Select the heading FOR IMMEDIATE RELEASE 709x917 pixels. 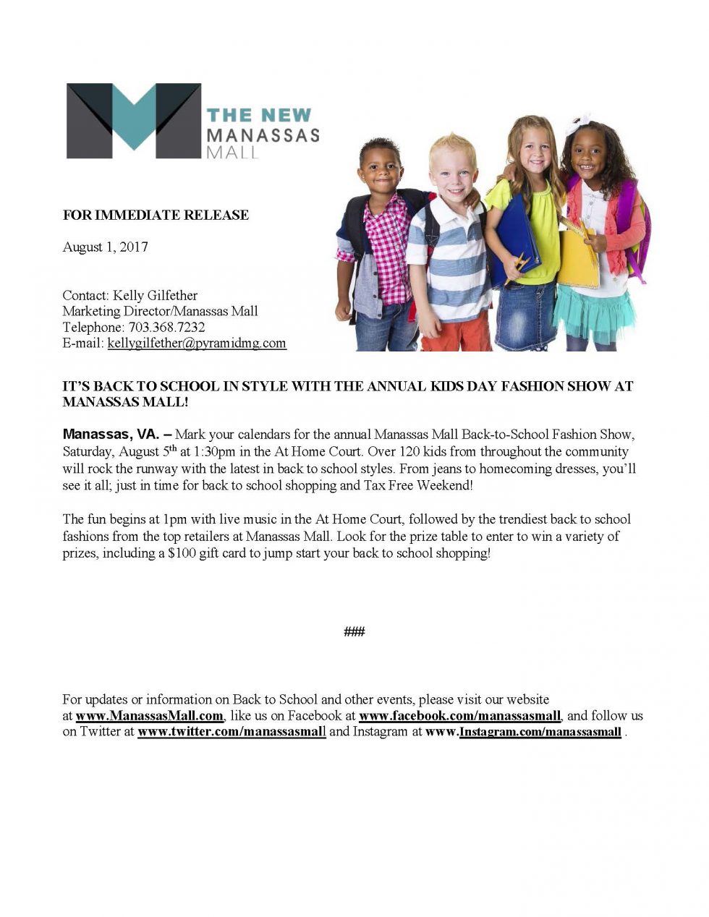pyautogui.click(x=156, y=215)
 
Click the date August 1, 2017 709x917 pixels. pyautogui.click(x=105, y=247)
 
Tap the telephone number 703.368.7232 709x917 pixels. pyautogui.click(x=166, y=327)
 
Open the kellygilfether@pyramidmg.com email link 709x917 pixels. pyautogui.click(x=197, y=343)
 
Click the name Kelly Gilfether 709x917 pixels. pyautogui.click(x=155, y=295)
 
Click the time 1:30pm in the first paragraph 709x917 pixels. pyautogui.click(x=214, y=451)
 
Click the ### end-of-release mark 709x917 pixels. pyautogui.click(x=354, y=632)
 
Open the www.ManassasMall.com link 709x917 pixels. pyautogui.click(x=149, y=716)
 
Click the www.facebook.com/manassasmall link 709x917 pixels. pyautogui.click(x=459, y=716)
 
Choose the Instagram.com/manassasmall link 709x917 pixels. pyautogui.click(x=540, y=732)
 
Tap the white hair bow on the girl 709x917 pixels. pyautogui.click(x=578, y=124)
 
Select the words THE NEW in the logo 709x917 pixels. pyautogui.click(x=258, y=115)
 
